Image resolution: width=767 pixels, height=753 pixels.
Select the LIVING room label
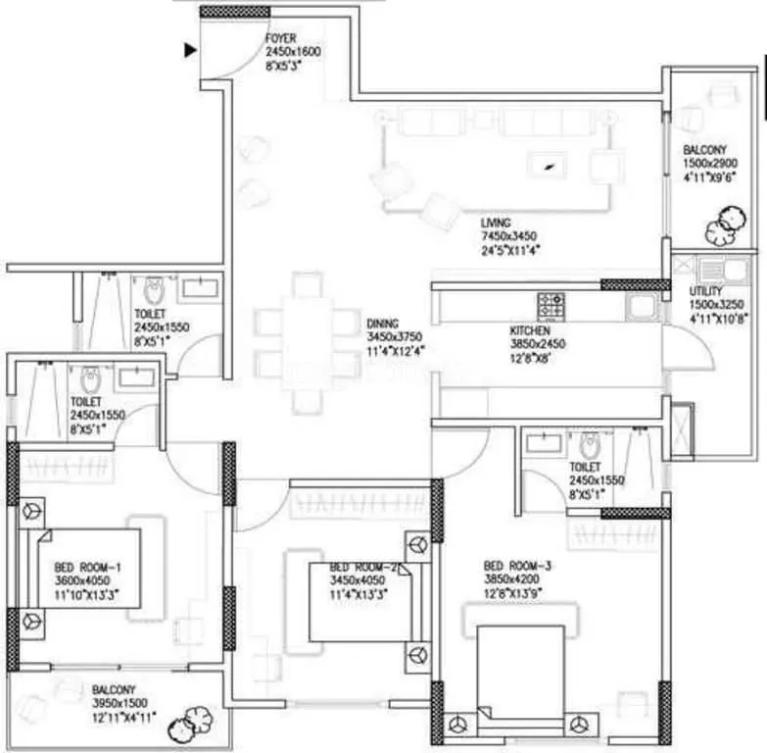coord(495,223)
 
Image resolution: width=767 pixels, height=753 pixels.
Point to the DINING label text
coord(382,324)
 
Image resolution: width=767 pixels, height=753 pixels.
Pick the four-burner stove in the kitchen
coord(551,304)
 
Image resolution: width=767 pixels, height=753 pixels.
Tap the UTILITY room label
coord(705,291)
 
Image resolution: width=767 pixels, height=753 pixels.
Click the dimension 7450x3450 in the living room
coord(509,236)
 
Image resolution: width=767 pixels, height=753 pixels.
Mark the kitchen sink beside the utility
coord(642,306)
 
